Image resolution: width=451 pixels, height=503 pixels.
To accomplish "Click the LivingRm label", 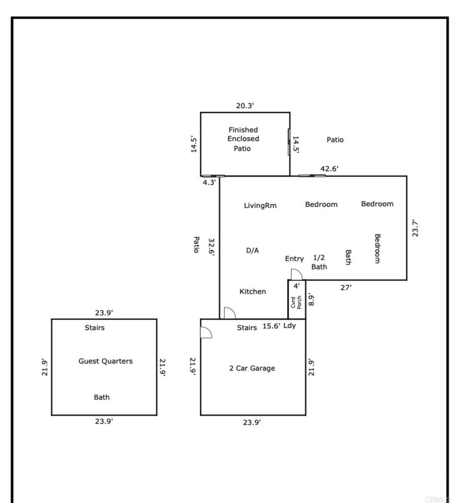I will (260, 205).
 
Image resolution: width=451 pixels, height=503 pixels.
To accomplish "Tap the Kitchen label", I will (252, 291).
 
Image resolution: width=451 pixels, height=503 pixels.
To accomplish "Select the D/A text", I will (252, 250).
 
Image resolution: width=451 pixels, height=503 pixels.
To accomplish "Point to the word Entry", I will (294, 258).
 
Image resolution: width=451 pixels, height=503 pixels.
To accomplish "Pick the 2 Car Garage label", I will (252, 368).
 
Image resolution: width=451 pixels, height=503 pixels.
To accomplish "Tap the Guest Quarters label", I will (105, 361).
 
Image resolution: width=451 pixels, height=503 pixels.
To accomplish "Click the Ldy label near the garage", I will (290, 325).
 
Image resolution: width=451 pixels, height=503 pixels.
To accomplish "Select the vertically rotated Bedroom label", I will (377, 249).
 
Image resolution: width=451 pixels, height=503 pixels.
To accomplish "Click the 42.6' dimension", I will (329, 168).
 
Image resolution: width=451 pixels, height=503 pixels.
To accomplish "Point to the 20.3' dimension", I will (244, 105).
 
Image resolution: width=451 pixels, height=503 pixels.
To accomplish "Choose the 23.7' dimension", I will (415, 228).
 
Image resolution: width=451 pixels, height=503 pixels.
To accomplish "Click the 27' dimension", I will (346, 287).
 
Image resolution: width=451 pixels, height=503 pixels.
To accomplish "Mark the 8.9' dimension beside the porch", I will (310, 300).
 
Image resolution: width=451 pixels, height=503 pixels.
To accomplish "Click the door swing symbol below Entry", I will (297, 275).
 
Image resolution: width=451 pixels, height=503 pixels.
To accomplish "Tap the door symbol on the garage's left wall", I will (206, 333).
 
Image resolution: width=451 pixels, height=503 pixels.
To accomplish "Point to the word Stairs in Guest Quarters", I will (94, 328).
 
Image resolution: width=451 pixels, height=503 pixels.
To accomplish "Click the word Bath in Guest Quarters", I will (102, 397).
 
